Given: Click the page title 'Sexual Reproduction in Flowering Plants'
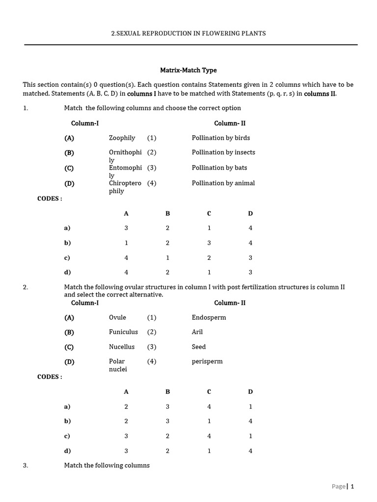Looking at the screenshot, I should coord(188,33).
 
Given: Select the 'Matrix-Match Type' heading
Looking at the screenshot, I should coord(188,70).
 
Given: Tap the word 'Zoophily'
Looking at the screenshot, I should coord(122,138).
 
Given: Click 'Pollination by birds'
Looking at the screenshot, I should coord(220,138).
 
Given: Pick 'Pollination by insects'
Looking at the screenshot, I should coord(223,152).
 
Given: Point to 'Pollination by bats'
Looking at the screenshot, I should coord(219,168).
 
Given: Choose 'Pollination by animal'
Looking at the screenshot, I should coord(223,183).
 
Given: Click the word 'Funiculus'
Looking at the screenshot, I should coord(123,332).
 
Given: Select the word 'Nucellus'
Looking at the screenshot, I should coord(122,347).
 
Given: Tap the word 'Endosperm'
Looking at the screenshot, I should coord(209,317).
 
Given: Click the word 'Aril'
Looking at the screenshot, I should coord(197,332).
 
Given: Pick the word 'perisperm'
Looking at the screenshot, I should coord(207,361).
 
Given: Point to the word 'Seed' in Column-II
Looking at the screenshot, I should coord(198,347).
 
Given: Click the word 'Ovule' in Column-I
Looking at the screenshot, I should coord(117,317).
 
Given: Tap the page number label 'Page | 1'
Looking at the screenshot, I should coord(343,486).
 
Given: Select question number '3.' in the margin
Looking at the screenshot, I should coord(26,465).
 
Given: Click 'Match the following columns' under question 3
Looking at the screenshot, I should coord(107,465).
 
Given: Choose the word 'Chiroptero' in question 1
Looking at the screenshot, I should coord(125,183).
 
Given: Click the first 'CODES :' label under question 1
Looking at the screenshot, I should coord(50,199).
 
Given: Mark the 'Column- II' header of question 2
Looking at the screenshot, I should coord(230,302).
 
